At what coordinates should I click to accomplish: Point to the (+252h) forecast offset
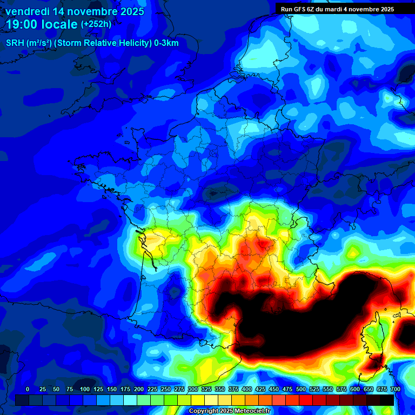tap(96, 24)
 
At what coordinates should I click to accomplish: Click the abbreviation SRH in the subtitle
tap(15, 43)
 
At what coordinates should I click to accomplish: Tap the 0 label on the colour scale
tap(28, 389)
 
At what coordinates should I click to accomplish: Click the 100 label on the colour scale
tap(85, 389)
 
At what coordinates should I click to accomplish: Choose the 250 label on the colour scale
tap(166, 389)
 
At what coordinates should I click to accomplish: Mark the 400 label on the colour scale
tap(247, 389)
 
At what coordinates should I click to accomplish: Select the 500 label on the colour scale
tap(301, 389)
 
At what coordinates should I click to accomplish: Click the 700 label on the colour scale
tap(395, 389)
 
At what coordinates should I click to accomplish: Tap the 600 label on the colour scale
tap(355, 389)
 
